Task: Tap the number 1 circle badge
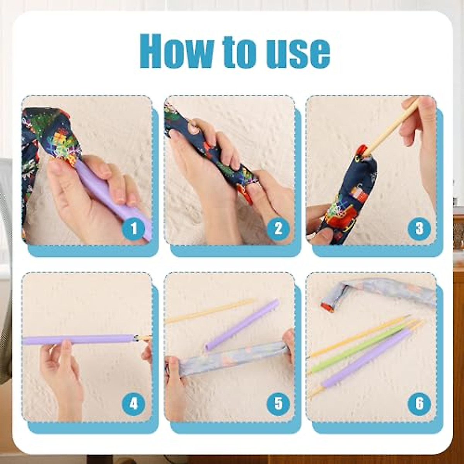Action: pos(133,229)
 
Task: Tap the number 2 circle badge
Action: pos(278,229)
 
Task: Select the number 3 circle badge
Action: pos(420,229)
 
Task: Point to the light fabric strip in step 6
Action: pos(379,294)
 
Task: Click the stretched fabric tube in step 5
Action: pos(228,358)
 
